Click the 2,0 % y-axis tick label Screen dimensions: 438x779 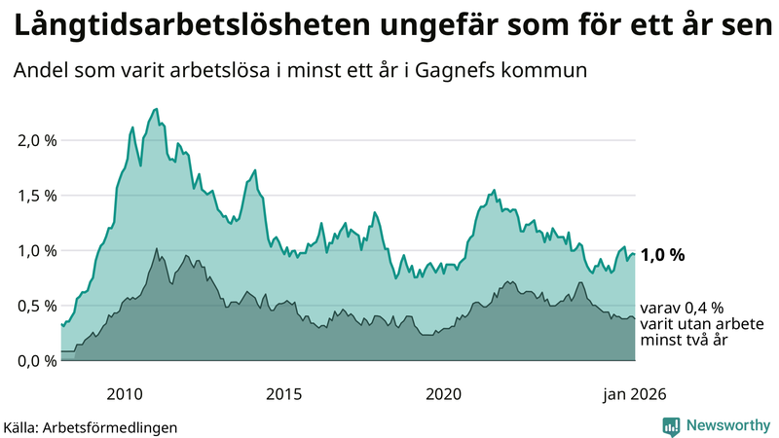38,140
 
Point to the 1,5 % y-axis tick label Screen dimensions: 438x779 38,196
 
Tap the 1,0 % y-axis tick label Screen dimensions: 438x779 38,250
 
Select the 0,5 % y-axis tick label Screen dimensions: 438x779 38,306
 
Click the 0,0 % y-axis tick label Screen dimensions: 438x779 38,361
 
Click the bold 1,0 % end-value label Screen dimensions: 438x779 663,255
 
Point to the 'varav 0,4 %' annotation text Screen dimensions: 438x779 682,307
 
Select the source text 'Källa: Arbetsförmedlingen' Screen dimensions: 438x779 91,426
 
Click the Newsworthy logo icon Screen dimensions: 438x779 671,425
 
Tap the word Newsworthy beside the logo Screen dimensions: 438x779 728,425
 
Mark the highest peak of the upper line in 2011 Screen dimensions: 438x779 157,109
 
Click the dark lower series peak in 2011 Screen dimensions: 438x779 157,249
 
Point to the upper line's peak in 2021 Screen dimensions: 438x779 495,190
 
